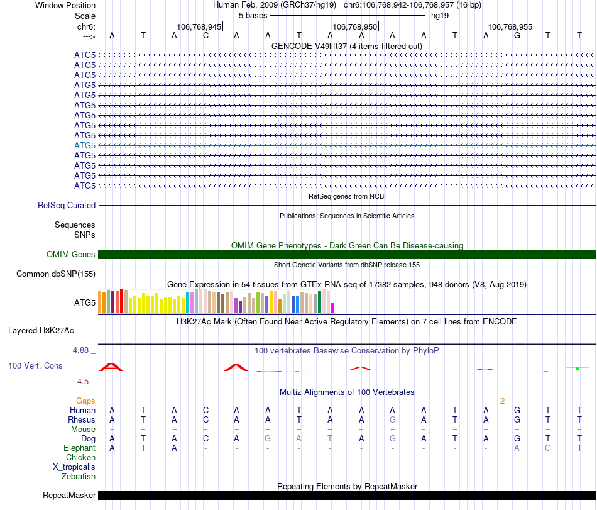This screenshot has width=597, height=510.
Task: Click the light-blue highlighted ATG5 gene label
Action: coord(85,145)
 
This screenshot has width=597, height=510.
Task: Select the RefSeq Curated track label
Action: coord(67,205)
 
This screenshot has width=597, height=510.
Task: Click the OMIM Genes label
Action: coord(71,254)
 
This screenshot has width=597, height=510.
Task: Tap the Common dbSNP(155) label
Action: coord(56,274)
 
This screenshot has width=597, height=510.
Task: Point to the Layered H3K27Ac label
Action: coord(52,330)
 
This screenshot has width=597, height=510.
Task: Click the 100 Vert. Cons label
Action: coord(35,365)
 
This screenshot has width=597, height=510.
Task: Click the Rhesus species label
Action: coord(82,419)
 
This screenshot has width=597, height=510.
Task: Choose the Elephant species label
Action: coord(79,448)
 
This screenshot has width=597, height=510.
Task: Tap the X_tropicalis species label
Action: coord(74,467)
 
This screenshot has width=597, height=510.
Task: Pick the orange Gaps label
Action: coord(85,401)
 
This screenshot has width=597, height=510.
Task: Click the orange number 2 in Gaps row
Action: coord(502,401)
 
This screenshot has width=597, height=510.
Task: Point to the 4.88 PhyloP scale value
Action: coord(84,350)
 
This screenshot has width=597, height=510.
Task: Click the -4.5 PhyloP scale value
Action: coord(85,381)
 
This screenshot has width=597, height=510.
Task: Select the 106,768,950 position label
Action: coord(355,26)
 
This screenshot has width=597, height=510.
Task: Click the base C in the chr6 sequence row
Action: coord(205,35)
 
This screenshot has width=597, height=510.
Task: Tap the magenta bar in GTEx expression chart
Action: coord(333,308)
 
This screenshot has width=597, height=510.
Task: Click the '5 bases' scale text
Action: coord(253,14)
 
